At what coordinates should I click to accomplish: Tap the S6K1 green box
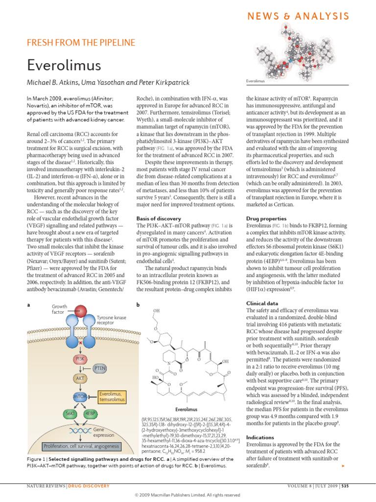click(69, 414)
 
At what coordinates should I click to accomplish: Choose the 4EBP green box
click(90, 414)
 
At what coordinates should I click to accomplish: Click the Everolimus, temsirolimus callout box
click(113, 396)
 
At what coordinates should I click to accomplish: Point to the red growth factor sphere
click(81, 311)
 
